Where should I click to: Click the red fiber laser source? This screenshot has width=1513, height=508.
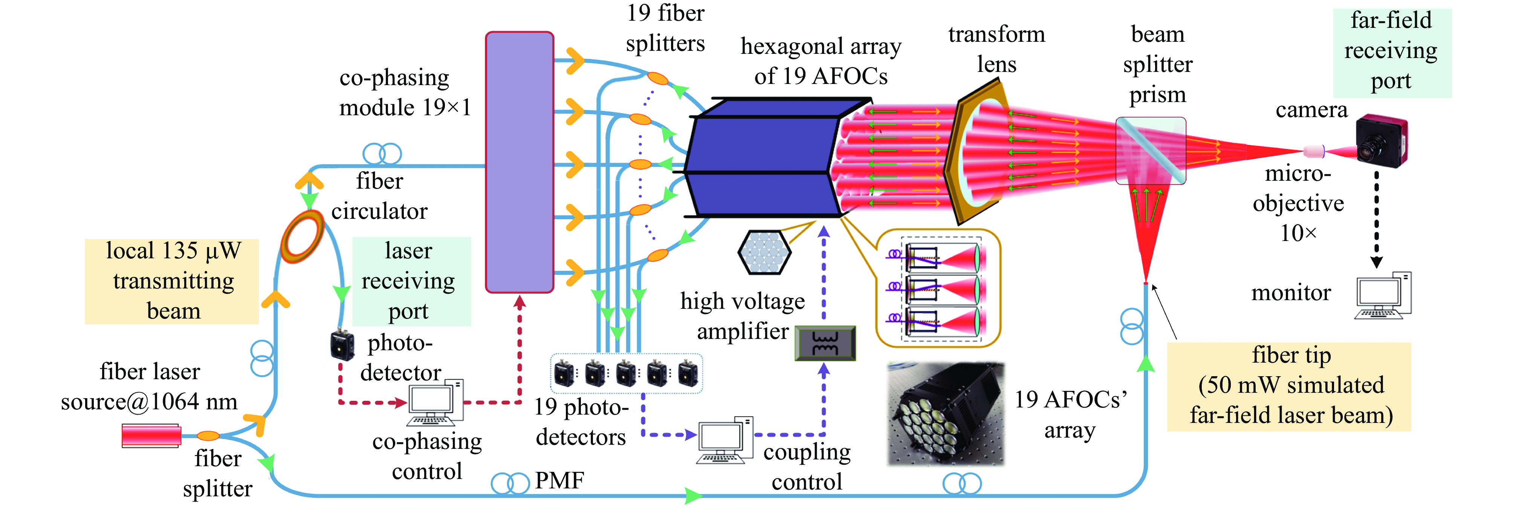click(x=151, y=436)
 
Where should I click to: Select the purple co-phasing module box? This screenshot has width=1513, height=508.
click(x=519, y=162)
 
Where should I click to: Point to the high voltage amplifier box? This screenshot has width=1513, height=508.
click(x=825, y=343)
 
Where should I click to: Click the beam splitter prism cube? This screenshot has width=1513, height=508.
click(x=1150, y=151)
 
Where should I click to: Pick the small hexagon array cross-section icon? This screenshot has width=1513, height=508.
click(x=764, y=253)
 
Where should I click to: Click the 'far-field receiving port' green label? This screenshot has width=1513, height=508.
click(x=1391, y=52)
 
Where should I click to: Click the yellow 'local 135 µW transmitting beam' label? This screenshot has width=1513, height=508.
click(x=171, y=281)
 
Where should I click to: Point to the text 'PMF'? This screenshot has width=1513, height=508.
click(x=559, y=481)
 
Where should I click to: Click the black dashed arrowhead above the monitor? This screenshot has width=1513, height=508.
click(x=1376, y=262)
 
